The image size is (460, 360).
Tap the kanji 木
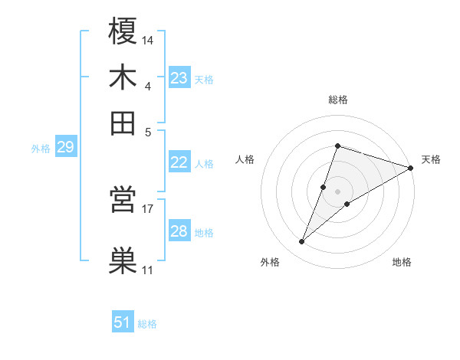123,77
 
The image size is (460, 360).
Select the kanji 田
123,122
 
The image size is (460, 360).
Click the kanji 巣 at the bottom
123,260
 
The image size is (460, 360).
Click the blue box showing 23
179,77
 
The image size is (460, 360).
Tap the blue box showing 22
179,162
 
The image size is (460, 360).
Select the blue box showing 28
179,231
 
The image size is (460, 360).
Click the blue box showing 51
123,322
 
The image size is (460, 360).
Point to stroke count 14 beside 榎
149,40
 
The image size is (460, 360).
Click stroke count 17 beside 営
148,208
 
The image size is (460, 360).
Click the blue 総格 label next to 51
147,324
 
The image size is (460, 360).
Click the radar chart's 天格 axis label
431,159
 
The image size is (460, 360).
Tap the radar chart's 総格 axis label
338,100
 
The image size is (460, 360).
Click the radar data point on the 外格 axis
302,242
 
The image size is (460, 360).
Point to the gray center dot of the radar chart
338,191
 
